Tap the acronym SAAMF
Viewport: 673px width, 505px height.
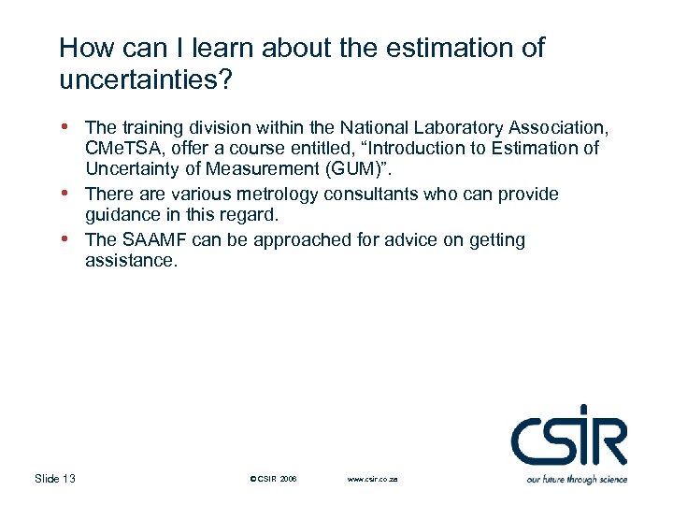point(152,239)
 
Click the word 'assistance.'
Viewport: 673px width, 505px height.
point(130,262)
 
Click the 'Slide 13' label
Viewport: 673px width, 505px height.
point(55,479)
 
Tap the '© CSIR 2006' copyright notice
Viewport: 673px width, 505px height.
point(274,480)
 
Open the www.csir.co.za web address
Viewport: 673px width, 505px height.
point(372,480)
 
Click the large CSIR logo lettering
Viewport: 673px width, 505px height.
point(568,437)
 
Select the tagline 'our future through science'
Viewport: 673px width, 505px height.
point(577,480)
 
